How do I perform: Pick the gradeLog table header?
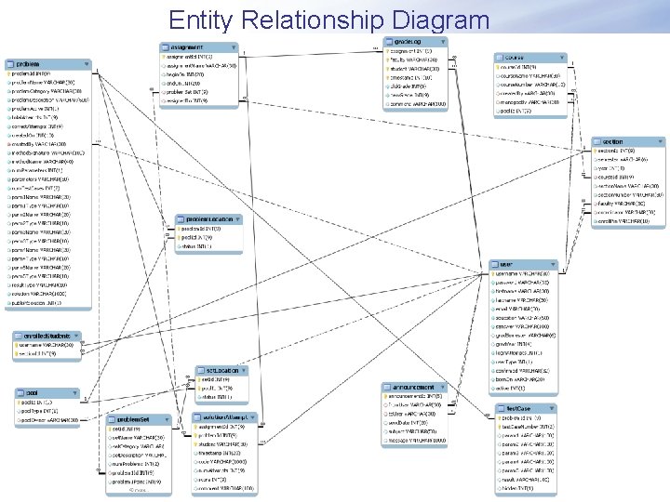tap(410, 42)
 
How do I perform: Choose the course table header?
tap(516, 58)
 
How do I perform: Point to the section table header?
tap(614, 141)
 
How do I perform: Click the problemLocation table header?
tap(208, 219)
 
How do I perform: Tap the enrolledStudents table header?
tap(47, 336)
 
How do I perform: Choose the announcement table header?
tap(414, 387)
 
